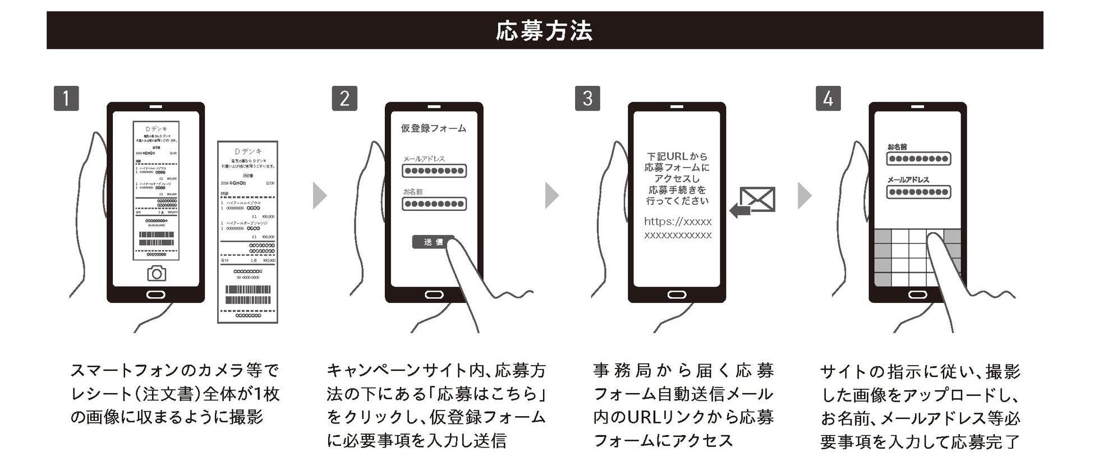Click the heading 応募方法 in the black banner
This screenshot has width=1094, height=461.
tap(544, 31)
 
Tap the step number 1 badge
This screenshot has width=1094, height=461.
tap(66, 99)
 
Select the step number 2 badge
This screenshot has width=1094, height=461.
tap(344, 99)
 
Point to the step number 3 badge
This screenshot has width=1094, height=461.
tap(587, 99)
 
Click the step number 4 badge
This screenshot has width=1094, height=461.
tap(828, 99)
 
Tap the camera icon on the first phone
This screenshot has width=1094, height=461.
tap(157, 273)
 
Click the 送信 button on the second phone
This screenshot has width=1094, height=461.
tap(433, 242)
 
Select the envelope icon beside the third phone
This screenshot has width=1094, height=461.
tap(757, 199)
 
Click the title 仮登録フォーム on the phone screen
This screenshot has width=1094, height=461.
tap(433, 128)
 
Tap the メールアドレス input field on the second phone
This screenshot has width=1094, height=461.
tap(434, 171)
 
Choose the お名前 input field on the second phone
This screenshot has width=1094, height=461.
tap(434, 204)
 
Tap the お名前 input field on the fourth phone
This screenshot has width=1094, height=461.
tap(918, 159)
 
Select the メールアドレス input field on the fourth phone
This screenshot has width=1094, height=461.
tap(918, 192)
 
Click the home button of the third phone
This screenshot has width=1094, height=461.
tap(677, 295)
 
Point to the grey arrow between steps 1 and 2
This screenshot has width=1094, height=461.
tap(319, 196)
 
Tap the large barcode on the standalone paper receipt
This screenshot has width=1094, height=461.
tap(247, 295)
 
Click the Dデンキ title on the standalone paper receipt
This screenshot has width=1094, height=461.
tap(247, 151)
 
